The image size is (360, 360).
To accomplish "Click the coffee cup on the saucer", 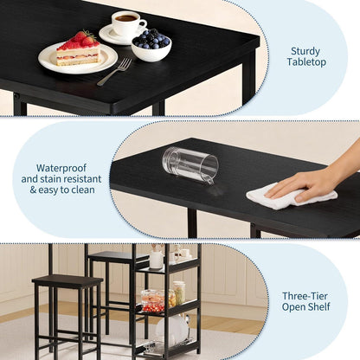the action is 128,23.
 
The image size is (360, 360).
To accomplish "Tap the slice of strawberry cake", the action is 79,49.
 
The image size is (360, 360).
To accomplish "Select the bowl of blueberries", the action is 151,45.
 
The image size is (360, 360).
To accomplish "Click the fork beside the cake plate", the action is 114,72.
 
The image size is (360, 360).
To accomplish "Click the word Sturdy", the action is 305,52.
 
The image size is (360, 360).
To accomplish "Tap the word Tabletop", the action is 306,62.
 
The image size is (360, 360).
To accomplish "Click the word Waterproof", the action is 61,168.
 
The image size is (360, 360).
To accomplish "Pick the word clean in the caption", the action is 83,190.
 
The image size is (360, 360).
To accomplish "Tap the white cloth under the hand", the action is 292,196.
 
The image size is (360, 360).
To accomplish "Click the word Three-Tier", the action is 305,296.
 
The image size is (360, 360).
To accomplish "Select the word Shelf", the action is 319,307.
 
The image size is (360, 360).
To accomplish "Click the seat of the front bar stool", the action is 67,280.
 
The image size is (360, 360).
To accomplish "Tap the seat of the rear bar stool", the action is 118,256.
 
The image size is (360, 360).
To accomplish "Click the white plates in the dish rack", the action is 170,330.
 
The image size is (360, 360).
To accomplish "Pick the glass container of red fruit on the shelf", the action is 152,301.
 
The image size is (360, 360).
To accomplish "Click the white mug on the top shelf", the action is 156,260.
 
